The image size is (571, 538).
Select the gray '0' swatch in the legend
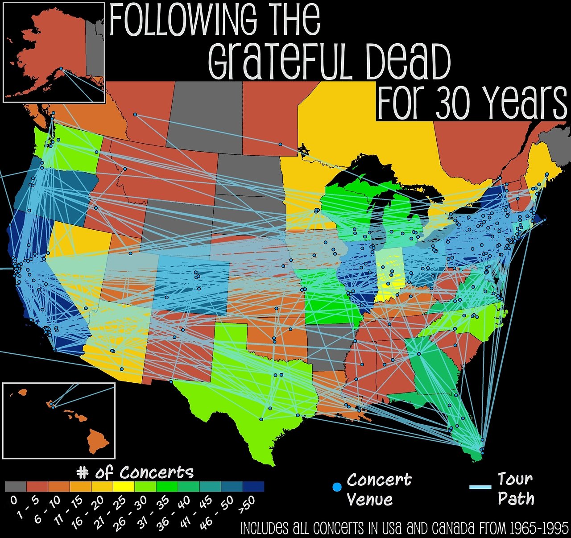tap(16, 486)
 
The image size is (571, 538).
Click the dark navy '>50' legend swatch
tap(253, 486)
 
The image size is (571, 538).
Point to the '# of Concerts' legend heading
tap(135, 472)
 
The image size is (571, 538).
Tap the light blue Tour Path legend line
tap(480, 487)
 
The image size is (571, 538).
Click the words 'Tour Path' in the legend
tap(516, 488)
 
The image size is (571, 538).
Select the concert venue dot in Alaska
tap(61, 68)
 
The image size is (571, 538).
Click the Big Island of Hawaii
tap(98, 439)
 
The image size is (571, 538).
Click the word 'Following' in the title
tap(183, 20)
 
